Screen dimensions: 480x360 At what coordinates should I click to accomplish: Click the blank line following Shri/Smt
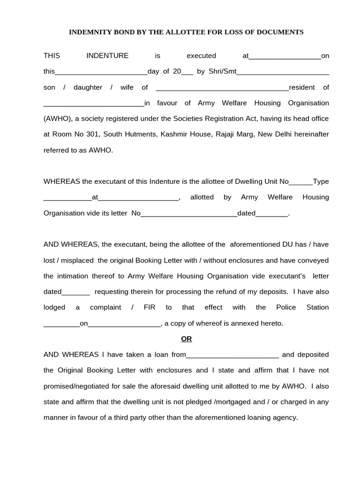pos(283,72)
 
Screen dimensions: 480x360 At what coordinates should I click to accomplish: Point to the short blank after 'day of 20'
pos(187,72)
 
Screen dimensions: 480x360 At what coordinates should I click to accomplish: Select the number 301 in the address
pos(92,134)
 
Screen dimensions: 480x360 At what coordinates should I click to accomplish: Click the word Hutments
pos(141,134)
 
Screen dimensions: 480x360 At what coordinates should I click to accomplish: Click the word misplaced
pos(79,260)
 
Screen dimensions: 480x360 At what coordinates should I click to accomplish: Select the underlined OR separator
pos(187,339)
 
